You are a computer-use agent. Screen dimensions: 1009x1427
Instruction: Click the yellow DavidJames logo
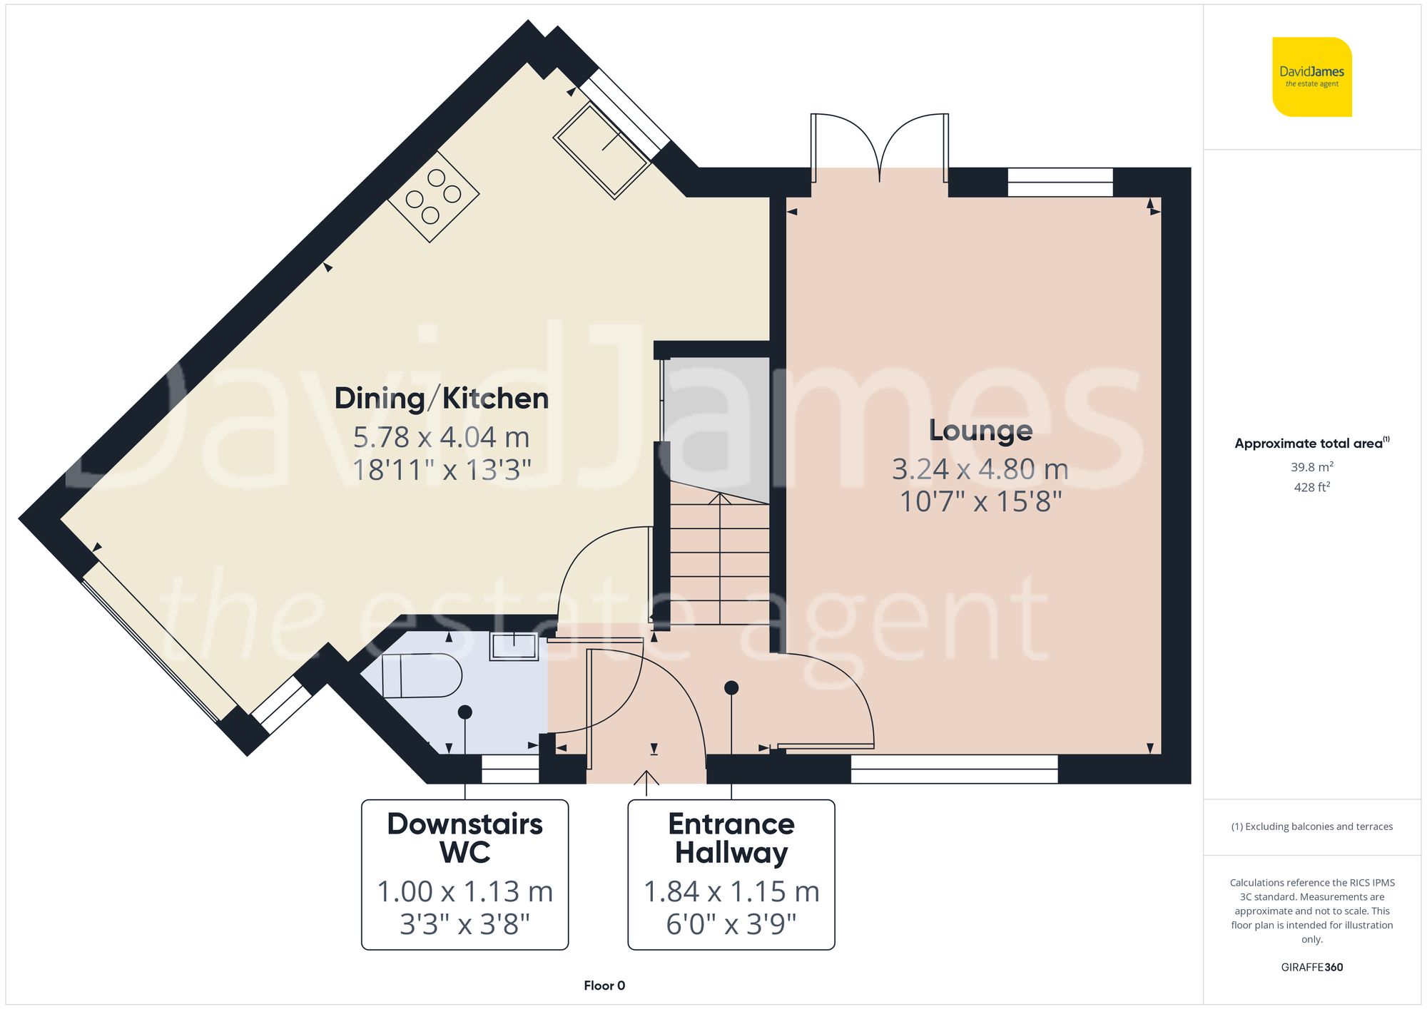1311,77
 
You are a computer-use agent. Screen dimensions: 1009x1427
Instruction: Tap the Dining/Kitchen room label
442,398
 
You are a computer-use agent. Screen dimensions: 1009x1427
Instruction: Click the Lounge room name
980,430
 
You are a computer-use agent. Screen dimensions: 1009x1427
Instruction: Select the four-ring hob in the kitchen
433,196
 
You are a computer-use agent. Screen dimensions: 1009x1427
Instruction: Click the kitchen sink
601,150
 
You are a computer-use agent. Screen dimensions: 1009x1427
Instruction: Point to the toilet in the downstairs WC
421,675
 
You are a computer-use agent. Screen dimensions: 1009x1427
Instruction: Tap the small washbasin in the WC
514,647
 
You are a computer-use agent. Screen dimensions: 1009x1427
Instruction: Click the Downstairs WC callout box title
464,838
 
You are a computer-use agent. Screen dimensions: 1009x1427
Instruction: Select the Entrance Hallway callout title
731,838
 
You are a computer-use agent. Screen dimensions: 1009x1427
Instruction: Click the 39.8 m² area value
1311,467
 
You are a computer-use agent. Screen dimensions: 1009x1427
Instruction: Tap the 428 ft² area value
1311,487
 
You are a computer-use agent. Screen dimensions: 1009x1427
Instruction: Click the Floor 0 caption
604,985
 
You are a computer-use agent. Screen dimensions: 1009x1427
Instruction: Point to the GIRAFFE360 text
1311,967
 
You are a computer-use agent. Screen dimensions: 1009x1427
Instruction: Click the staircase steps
719,563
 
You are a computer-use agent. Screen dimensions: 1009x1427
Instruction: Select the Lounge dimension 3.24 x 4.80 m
980,469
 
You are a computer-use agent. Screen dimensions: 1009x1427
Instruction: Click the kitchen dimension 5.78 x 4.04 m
442,437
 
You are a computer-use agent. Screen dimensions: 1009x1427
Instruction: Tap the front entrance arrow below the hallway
646,782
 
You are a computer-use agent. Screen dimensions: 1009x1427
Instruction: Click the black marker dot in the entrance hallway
731,688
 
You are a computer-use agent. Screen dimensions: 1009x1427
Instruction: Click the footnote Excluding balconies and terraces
1311,826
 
